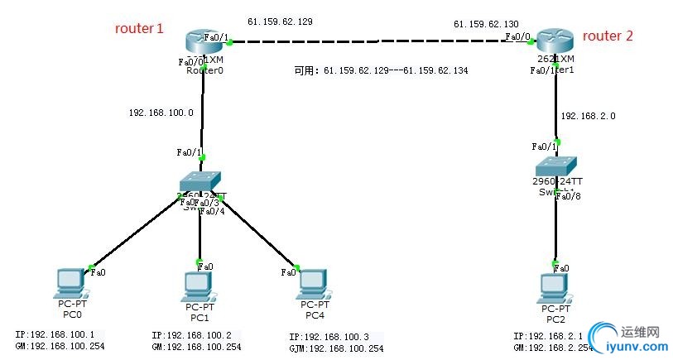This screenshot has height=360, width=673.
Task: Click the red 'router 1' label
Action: click(139, 29)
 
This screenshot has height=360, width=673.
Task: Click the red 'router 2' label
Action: click(608, 36)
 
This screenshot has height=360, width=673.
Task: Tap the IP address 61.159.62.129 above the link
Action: click(279, 21)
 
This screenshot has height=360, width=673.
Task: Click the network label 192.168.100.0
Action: click(161, 113)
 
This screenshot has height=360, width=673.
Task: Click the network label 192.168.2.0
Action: click(588, 117)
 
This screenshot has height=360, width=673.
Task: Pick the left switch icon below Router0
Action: click(201, 181)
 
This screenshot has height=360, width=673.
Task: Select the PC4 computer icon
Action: click(313, 283)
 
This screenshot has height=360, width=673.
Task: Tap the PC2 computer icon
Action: click(555, 287)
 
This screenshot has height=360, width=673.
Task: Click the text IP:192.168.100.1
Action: click(55, 334)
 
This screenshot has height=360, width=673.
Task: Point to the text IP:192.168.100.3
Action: click(329, 338)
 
